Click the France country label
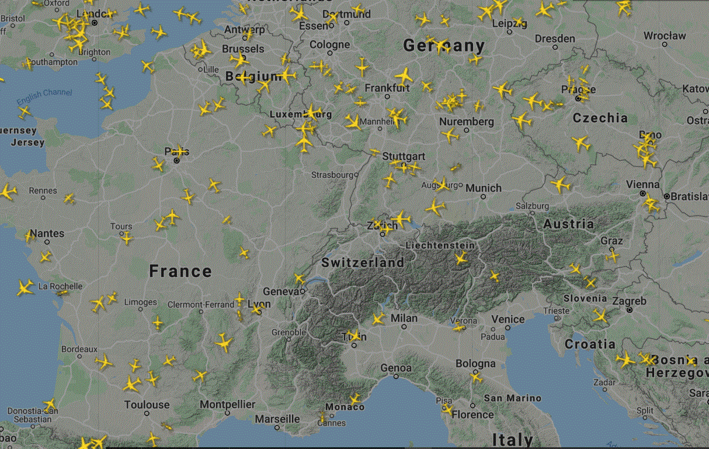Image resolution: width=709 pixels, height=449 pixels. click(180, 271)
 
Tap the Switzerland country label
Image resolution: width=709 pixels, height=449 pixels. click(363, 263)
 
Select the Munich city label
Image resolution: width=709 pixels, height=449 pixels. click(483, 188)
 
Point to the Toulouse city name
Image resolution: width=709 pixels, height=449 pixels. click(147, 405)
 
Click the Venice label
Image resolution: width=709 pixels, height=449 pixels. click(508, 319)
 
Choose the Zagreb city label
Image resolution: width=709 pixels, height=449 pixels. click(629, 301)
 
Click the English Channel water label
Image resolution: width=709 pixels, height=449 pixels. click(44, 96)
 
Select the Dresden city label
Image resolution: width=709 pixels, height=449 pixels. click(555, 39)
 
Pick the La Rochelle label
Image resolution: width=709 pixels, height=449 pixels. click(60, 286)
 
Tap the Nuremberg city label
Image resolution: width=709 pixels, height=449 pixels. click(466, 122)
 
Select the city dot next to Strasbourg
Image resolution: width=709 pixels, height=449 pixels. click(356, 174)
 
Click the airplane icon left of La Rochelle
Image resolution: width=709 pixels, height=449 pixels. click(25, 287)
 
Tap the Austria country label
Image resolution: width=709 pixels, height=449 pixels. click(568, 224)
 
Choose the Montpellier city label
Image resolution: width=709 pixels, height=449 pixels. click(227, 405)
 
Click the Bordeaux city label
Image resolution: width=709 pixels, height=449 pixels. click(79, 349)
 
